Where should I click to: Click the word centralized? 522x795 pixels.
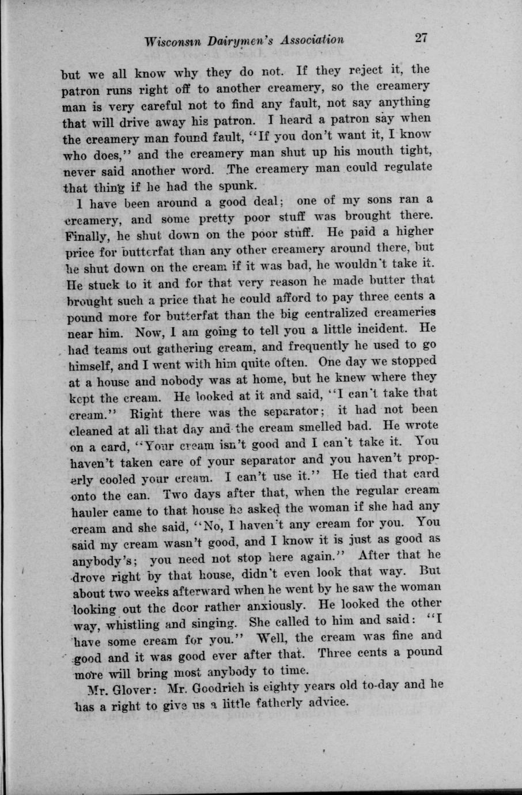click(344, 313)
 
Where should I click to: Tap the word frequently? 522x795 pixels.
click(333, 346)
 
